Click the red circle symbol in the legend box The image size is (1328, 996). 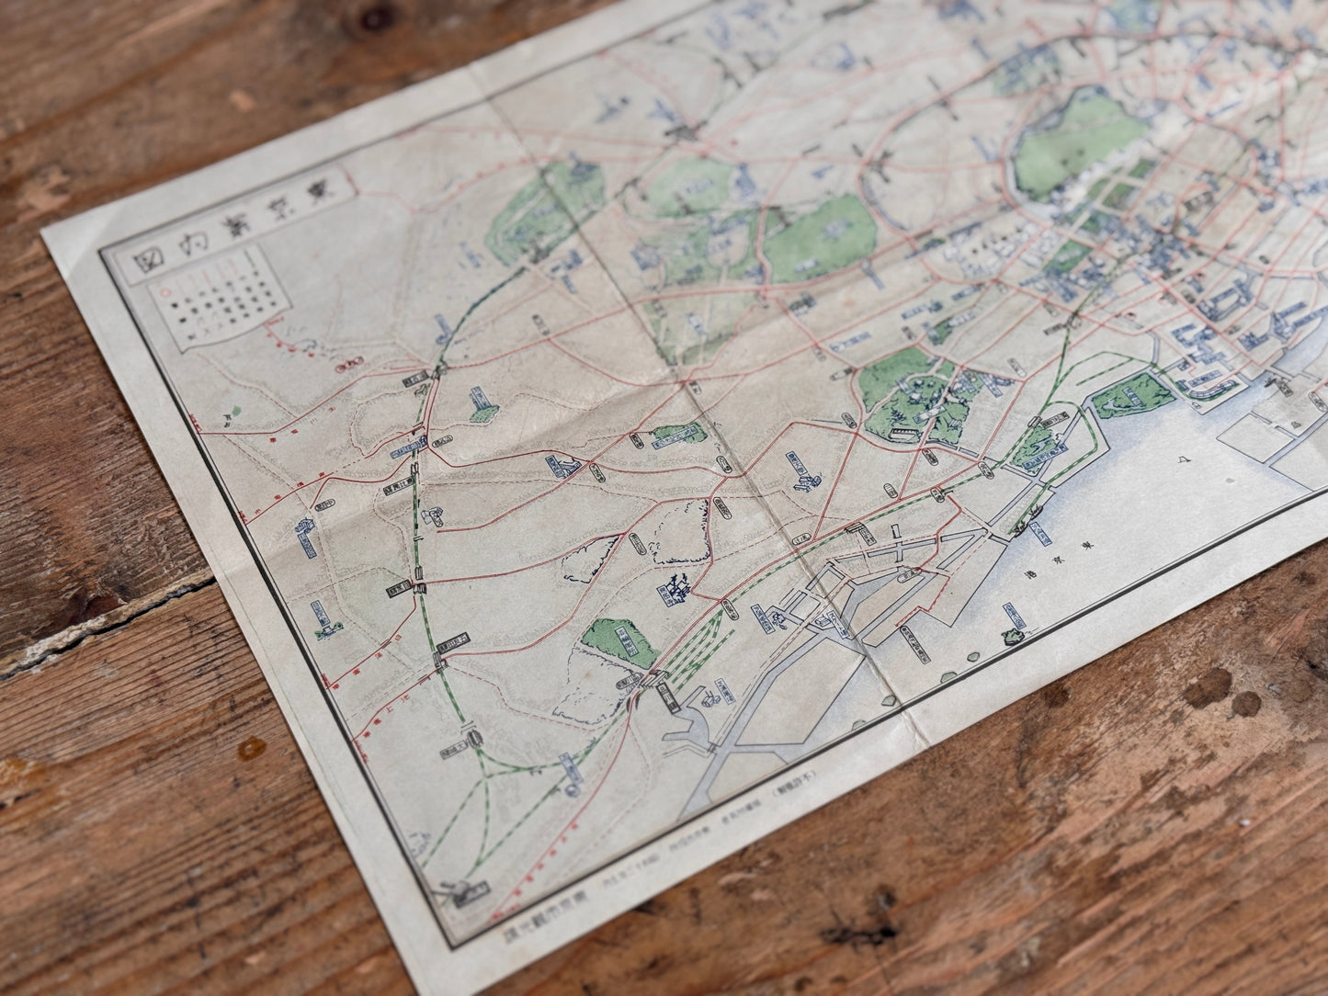(165, 292)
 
